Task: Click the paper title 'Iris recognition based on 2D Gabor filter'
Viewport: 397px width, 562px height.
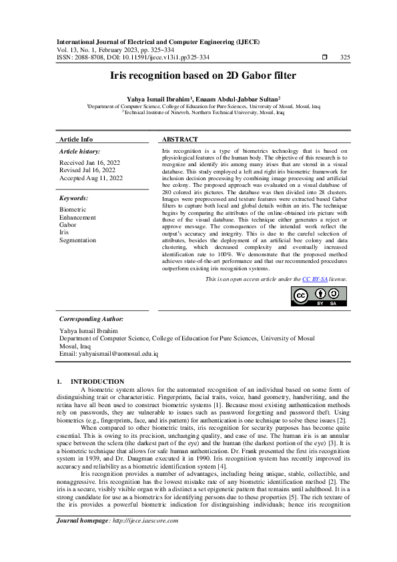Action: pos(198,76)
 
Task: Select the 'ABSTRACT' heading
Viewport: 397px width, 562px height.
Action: pos(180,139)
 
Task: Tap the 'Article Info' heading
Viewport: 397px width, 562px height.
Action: pos(76,139)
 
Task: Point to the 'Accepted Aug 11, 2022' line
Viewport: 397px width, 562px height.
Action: pos(91,178)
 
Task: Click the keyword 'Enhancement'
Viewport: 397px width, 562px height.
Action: pos(77,218)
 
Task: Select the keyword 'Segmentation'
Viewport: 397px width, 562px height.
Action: pos(78,240)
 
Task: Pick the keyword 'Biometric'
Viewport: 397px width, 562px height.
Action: pos(73,210)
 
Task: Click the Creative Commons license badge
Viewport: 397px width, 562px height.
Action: pos(319,296)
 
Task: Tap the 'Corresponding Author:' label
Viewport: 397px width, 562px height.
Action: pos(91,320)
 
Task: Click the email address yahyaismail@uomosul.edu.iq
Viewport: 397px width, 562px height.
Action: pos(109,353)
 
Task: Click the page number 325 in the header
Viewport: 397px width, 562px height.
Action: pos(345,57)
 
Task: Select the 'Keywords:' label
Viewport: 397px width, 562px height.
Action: pos(74,198)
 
